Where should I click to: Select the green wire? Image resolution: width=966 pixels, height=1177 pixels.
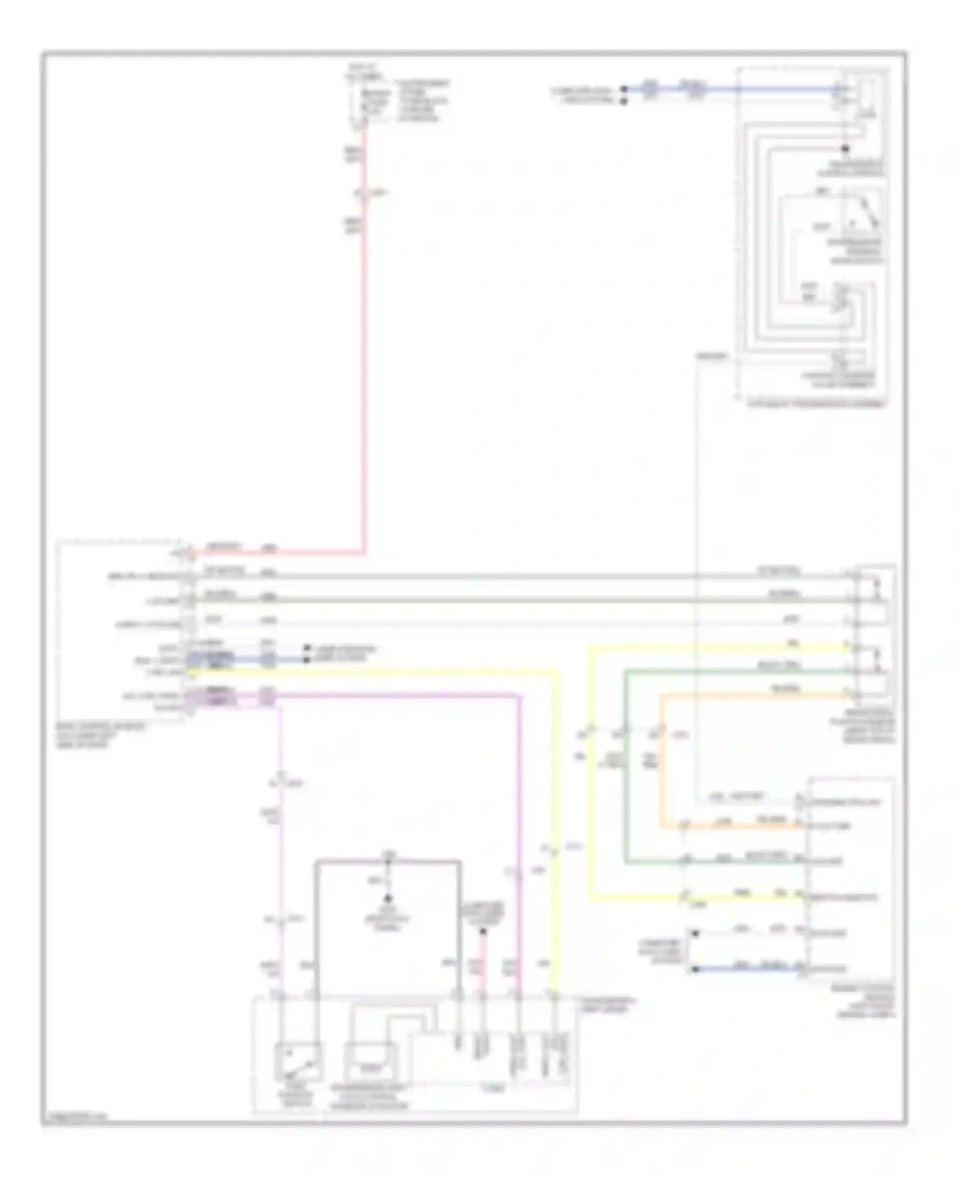(x=625, y=773)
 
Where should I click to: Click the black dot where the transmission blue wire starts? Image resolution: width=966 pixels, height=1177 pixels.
(x=623, y=89)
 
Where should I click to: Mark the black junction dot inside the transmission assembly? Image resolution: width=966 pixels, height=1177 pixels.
(x=846, y=149)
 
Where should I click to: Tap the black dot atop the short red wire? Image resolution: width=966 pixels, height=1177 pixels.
(x=484, y=931)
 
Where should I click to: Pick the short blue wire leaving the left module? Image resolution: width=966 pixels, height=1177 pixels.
(x=283, y=660)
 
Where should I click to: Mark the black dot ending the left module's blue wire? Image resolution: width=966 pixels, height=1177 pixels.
(x=308, y=660)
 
